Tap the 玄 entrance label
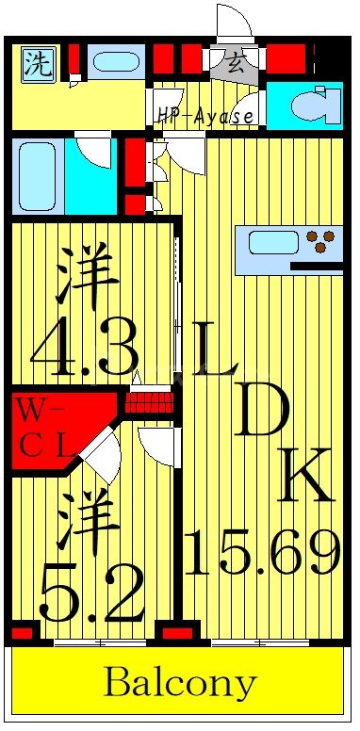(236, 65)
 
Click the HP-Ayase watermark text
(206, 117)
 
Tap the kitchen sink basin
(273, 242)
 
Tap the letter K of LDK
(305, 476)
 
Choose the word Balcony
(179, 683)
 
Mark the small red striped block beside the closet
(151, 403)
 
